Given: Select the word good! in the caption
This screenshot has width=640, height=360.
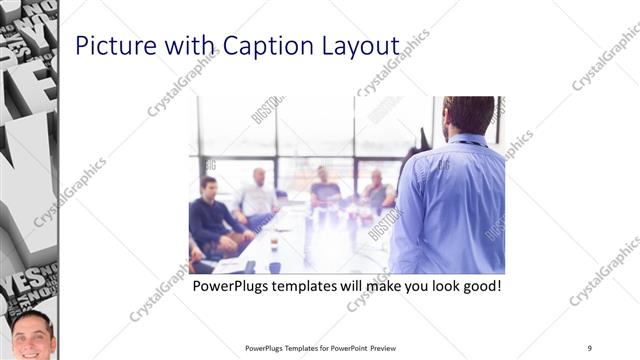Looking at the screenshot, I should click(x=478, y=286).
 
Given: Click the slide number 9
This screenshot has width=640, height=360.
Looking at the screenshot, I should click(x=590, y=348).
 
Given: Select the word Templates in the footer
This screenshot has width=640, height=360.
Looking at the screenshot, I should click(x=295, y=348).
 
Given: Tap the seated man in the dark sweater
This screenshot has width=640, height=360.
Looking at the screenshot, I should click(x=211, y=215).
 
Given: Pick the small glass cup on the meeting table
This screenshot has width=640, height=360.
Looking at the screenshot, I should click(x=274, y=244).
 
